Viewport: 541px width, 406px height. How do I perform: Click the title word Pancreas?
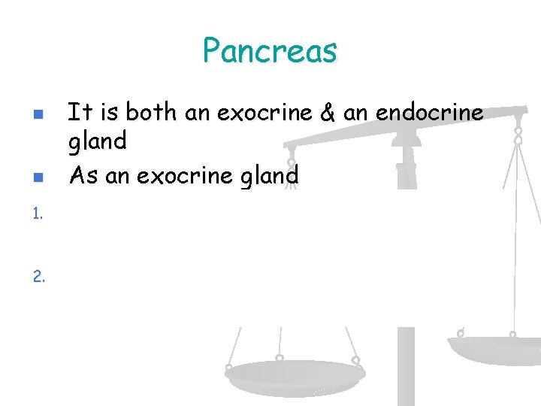(270, 51)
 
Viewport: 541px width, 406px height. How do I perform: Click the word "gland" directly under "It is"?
(98, 140)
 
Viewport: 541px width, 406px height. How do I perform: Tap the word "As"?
(83, 175)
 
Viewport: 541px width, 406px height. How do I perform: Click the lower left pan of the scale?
(295, 373)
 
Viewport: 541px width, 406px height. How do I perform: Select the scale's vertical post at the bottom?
(406, 368)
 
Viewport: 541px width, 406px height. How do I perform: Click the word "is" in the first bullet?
(110, 113)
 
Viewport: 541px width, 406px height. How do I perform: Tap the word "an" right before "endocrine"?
(355, 113)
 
